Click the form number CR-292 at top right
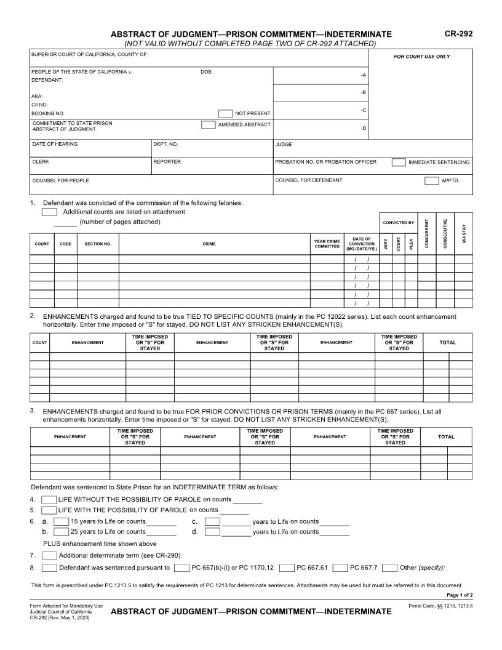click(x=458, y=34)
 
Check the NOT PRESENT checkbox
click(x=225, y=113)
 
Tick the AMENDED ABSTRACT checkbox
click(x=208, y=125)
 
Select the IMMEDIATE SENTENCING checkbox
click(x=399, y=162)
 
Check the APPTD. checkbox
click(x=431, y=180)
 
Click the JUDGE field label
click(x=284, y=145)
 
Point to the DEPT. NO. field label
click(x=165, y=145)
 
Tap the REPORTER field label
click(x=167, y=162)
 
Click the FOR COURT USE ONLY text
click(x=421, y=57)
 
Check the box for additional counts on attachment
click(x=49, y=212)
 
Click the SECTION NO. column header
click(x=98, y=244)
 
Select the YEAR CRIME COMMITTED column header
click(x=327, y=244)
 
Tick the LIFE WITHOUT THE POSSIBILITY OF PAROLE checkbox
click(x=49, y=499)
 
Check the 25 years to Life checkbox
click(x=61, y=531)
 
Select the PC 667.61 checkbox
click(x=287, y=568)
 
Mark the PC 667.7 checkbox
click(x=340, y=568)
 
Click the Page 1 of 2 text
click(x=459, y=595)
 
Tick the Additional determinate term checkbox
click(x=49, y=555)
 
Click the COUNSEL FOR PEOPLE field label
click(x=60, y=181)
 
